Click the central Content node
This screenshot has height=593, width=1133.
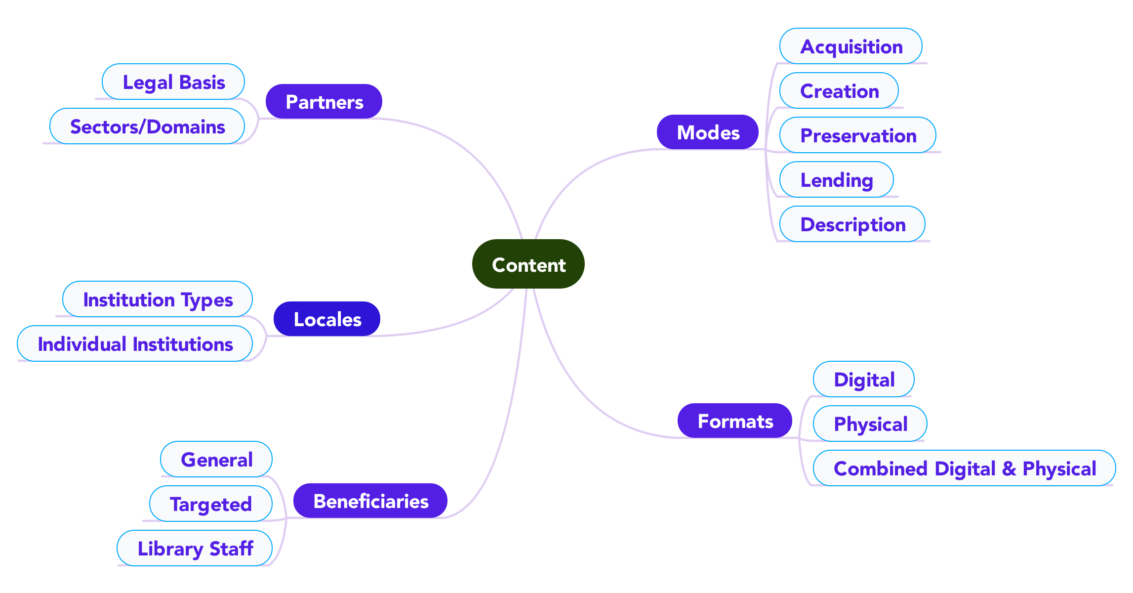pyautogui.click(x=528, y=264)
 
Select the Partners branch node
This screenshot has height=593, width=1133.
pyautogui.click(x=324, y=101)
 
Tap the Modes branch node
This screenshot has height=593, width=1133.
pyautogui.click(x=707, y=132)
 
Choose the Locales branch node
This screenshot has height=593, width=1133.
pyautogui.click(x=326, y=319)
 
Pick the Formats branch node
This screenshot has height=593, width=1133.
pyautogui.click(x=734, y=421)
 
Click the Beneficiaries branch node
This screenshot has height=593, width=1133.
pyautogui.click(x=370, y=501)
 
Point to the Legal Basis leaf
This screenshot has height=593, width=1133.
pyautogui.click(x=173, y=82)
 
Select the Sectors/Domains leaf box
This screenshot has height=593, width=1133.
pyautogui.click(x=147, y=126)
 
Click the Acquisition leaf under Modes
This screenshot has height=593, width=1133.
pyautogui.click(x=850, y=46)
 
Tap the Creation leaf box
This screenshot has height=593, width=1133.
pyautogui.click(x=839, y=90)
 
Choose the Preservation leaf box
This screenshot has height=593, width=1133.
pyautogui.click(x=857, y=135)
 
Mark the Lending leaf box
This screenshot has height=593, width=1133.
pyautogui.click(x=836, y=179)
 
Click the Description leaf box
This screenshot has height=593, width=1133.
pyautogui.click(x=852, y=224)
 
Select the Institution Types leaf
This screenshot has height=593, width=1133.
pyautogui.click(x=158, y=299)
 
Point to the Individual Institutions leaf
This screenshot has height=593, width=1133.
pyautogui.click(x=135, y=343)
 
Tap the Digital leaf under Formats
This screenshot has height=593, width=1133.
pyautogui.click(x=863, y=379)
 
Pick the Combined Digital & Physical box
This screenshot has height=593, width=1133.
pyautogui.click(x=964, y=468)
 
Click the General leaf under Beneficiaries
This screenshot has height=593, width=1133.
pyautogui.click(x=216, y=459)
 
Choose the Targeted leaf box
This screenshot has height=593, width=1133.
pyautogui.click(x=211, y=504)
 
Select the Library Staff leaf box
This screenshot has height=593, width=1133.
pyautogui.click(x=195, y=548)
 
